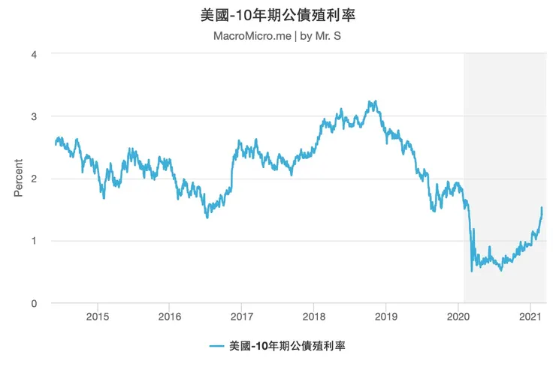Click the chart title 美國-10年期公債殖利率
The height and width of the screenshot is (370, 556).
click(278, 14)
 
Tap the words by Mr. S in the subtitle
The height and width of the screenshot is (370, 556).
click(322, 35)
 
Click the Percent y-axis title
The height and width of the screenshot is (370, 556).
click(19, 178)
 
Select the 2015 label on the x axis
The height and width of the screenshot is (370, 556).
click(97, 317)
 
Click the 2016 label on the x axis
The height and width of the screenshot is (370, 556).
click(169, 317)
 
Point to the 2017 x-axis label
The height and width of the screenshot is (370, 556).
click(241, 317)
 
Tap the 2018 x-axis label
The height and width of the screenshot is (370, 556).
click(313, 317)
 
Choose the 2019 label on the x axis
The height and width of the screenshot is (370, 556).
click(385, 317)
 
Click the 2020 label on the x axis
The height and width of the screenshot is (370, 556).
click(458, 317)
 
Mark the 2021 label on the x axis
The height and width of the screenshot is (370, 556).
click(530, 317)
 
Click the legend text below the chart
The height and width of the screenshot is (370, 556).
click(287, 346)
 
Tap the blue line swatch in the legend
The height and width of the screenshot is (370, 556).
click(217, 346)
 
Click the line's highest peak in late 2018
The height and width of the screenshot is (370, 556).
click(370, 101)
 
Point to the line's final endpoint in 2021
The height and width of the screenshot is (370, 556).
click(542, 208)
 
